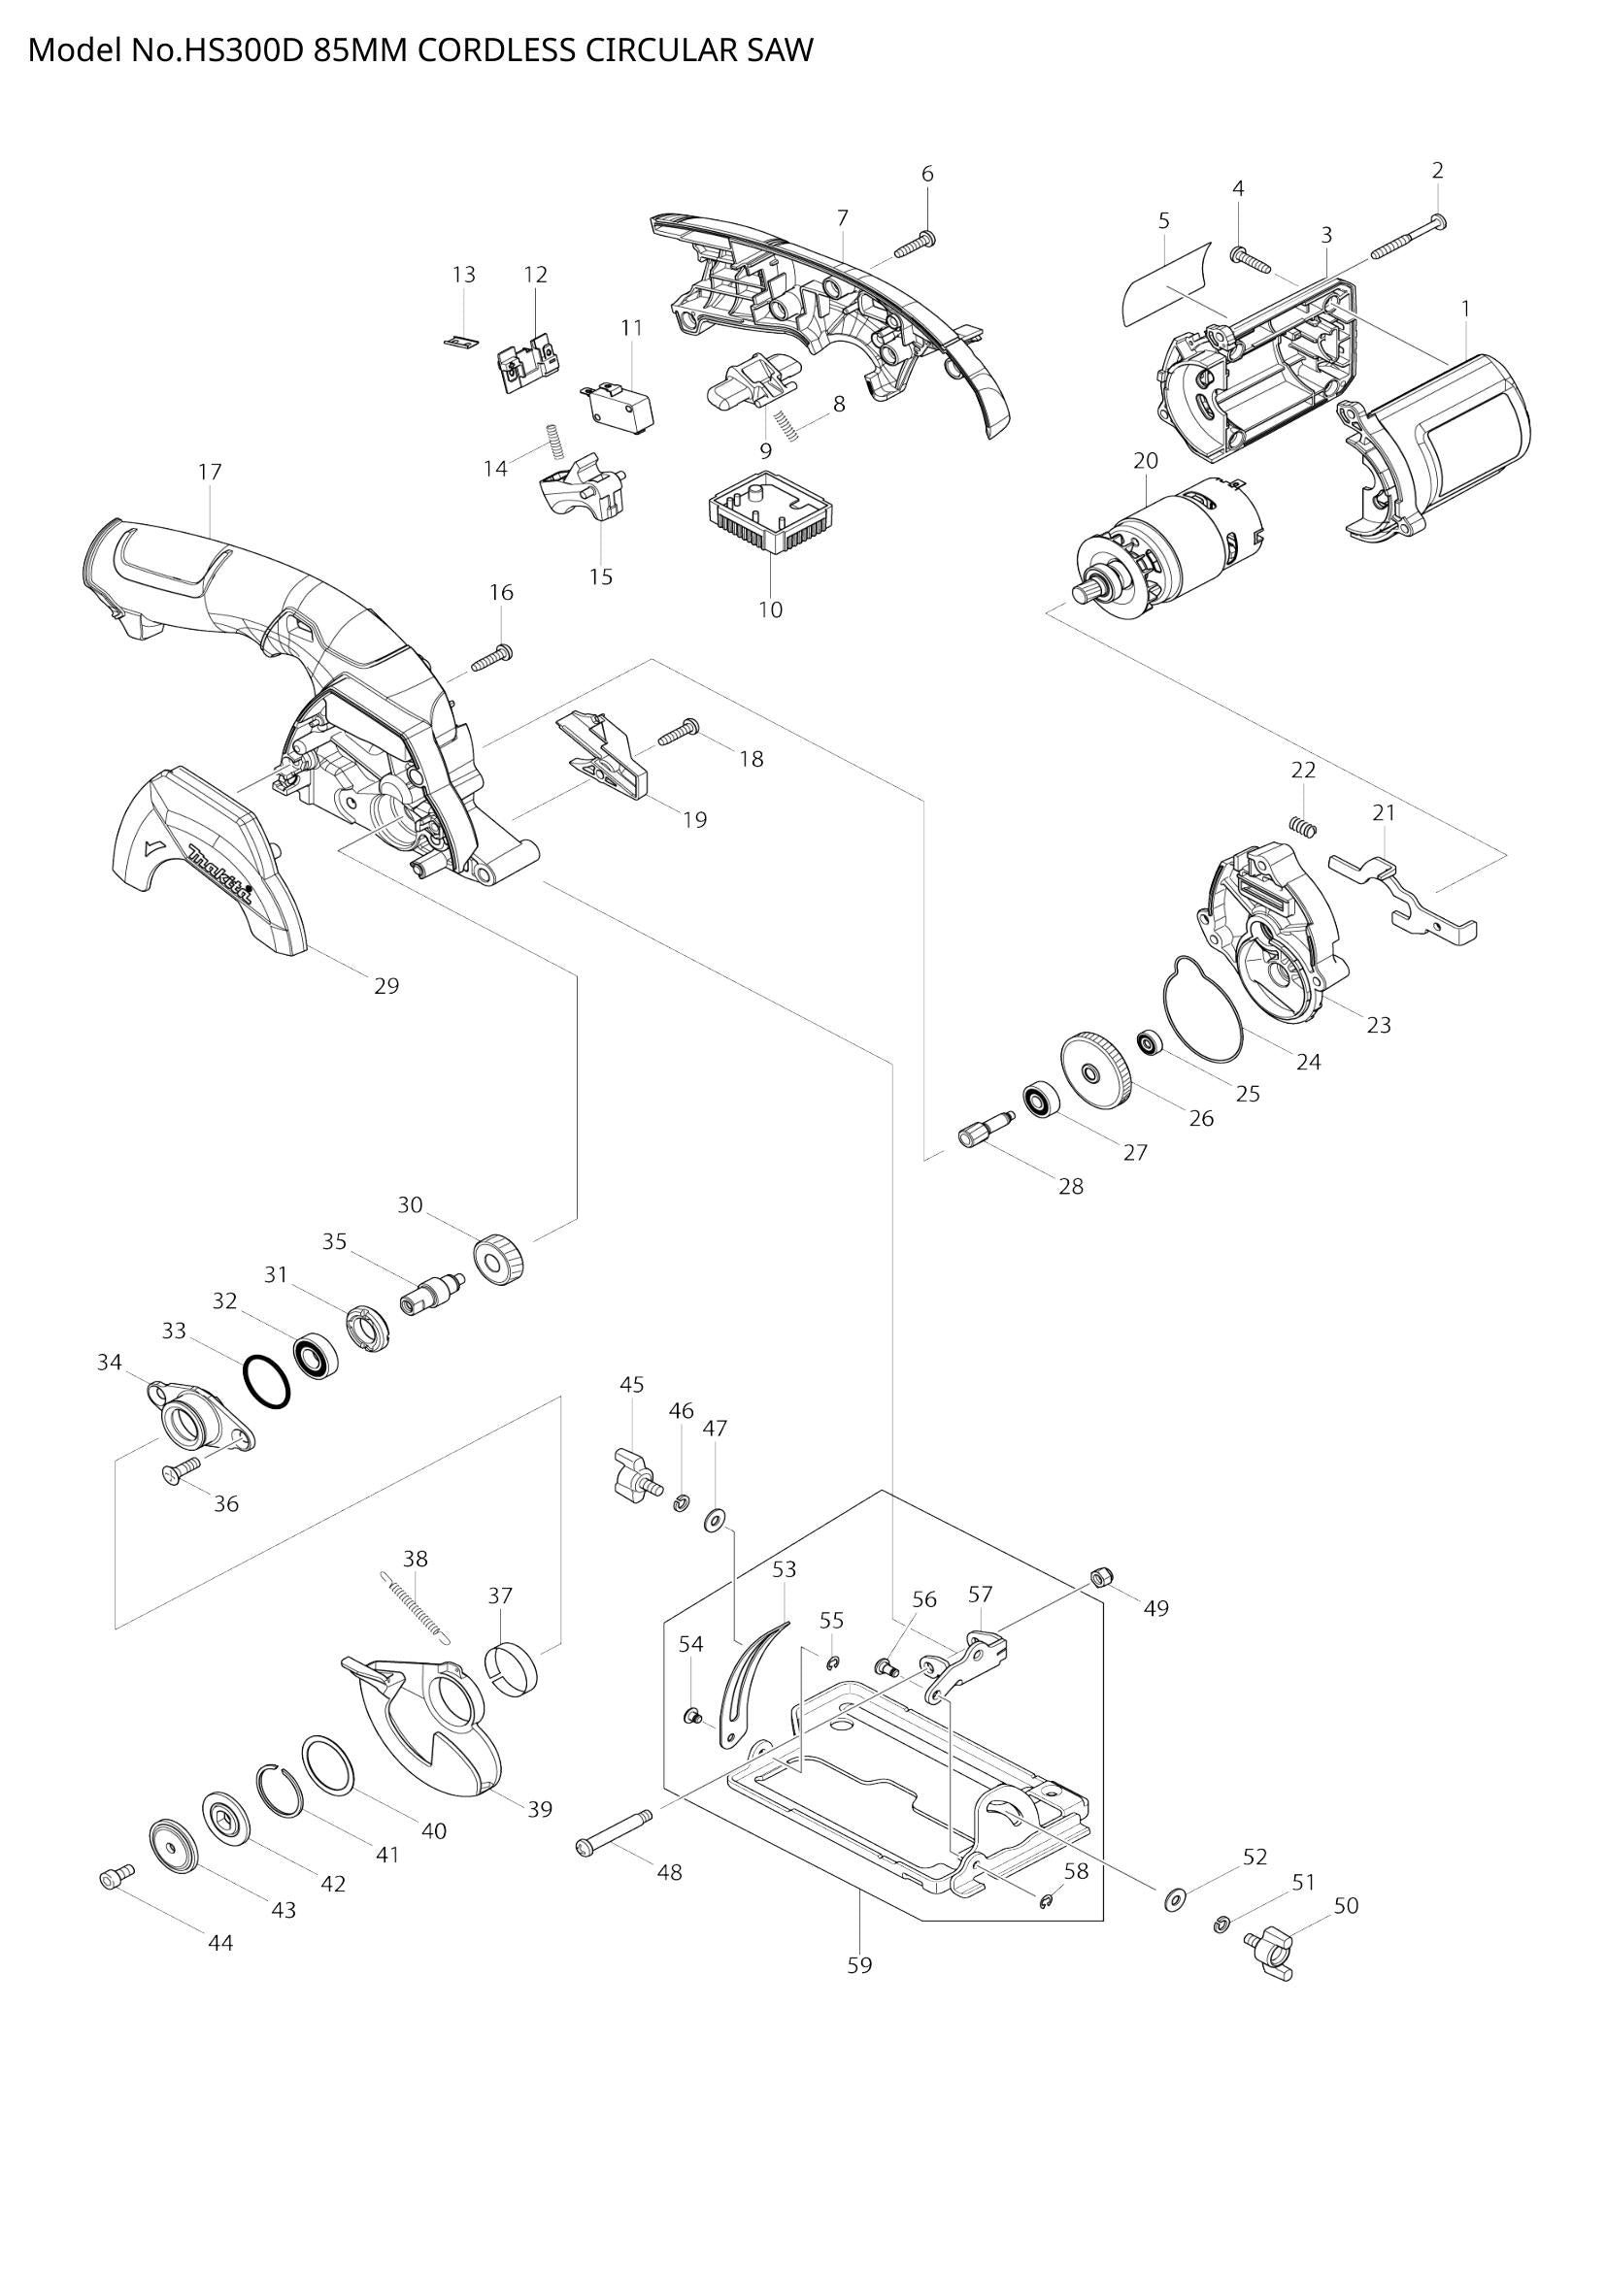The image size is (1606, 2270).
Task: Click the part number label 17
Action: point(210,472)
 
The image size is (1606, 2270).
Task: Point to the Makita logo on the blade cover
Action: point(221,874)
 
